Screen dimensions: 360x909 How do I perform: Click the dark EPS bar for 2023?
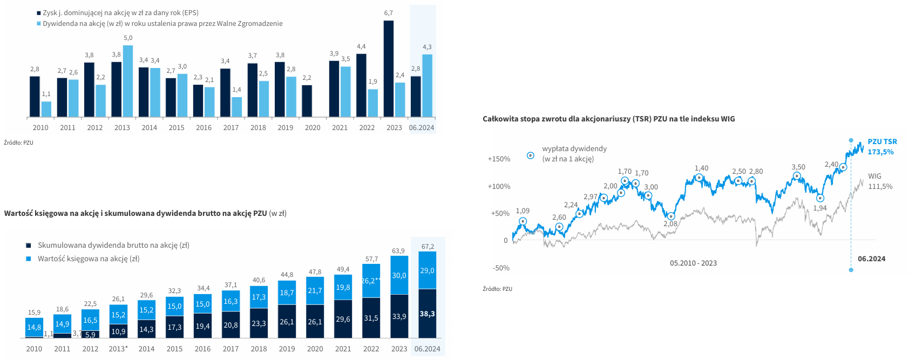point(389,69)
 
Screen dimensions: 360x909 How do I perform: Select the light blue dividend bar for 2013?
point(128,81)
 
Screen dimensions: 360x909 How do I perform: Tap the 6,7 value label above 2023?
point(389,13)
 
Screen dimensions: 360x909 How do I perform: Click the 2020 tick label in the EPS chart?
point(313,128)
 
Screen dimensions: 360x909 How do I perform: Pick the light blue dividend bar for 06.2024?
point(427,86)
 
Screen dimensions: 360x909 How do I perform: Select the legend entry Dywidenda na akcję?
point(162,24)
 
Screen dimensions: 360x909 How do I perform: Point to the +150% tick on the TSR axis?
point(499,159)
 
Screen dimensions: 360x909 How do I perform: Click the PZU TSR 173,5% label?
point(882,147)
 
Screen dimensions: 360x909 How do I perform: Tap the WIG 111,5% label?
point(880,181)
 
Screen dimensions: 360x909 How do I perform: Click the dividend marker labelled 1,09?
point(523,221)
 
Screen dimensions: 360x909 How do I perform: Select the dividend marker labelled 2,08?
point(671,216)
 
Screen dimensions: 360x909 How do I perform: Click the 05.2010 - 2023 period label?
point(693,263)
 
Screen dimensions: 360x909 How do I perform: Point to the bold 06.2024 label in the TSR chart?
point(871,259)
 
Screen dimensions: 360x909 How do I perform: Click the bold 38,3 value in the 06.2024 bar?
point(427,314)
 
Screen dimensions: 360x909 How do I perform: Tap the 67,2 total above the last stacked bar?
point(428,247)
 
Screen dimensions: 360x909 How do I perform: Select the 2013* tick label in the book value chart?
point(118,349)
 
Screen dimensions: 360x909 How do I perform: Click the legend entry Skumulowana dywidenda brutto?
point(113,246)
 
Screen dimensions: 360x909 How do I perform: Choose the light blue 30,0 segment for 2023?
point(399,275)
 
